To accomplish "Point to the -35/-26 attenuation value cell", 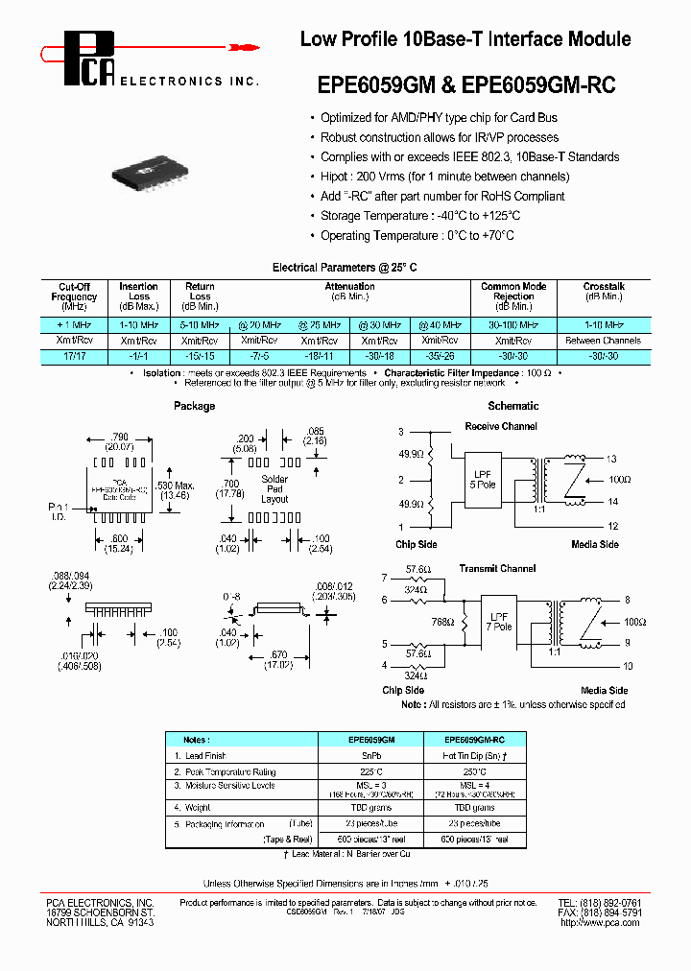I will [441, 356].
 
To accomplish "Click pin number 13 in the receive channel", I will [612, 459].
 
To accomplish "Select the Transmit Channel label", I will [498, 568].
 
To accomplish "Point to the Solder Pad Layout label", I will [274, 488].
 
